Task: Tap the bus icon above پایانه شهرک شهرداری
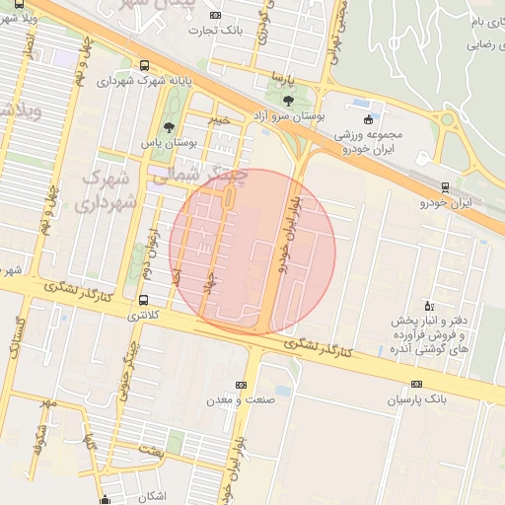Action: tap(145, 62)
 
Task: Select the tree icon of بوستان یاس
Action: tap(169, 127)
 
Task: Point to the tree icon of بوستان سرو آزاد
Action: tap(288, 101)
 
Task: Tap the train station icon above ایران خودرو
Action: tap(445, 186)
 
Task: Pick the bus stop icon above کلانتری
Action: tap(145, 299)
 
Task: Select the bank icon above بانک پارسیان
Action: tap(416, 384)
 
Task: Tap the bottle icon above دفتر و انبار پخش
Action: tap(427, 305)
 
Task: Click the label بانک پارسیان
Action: tap(416, 399)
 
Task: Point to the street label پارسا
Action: tap(285, 77)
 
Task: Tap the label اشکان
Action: tap(148, 495)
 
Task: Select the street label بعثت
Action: tap(150, 450)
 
